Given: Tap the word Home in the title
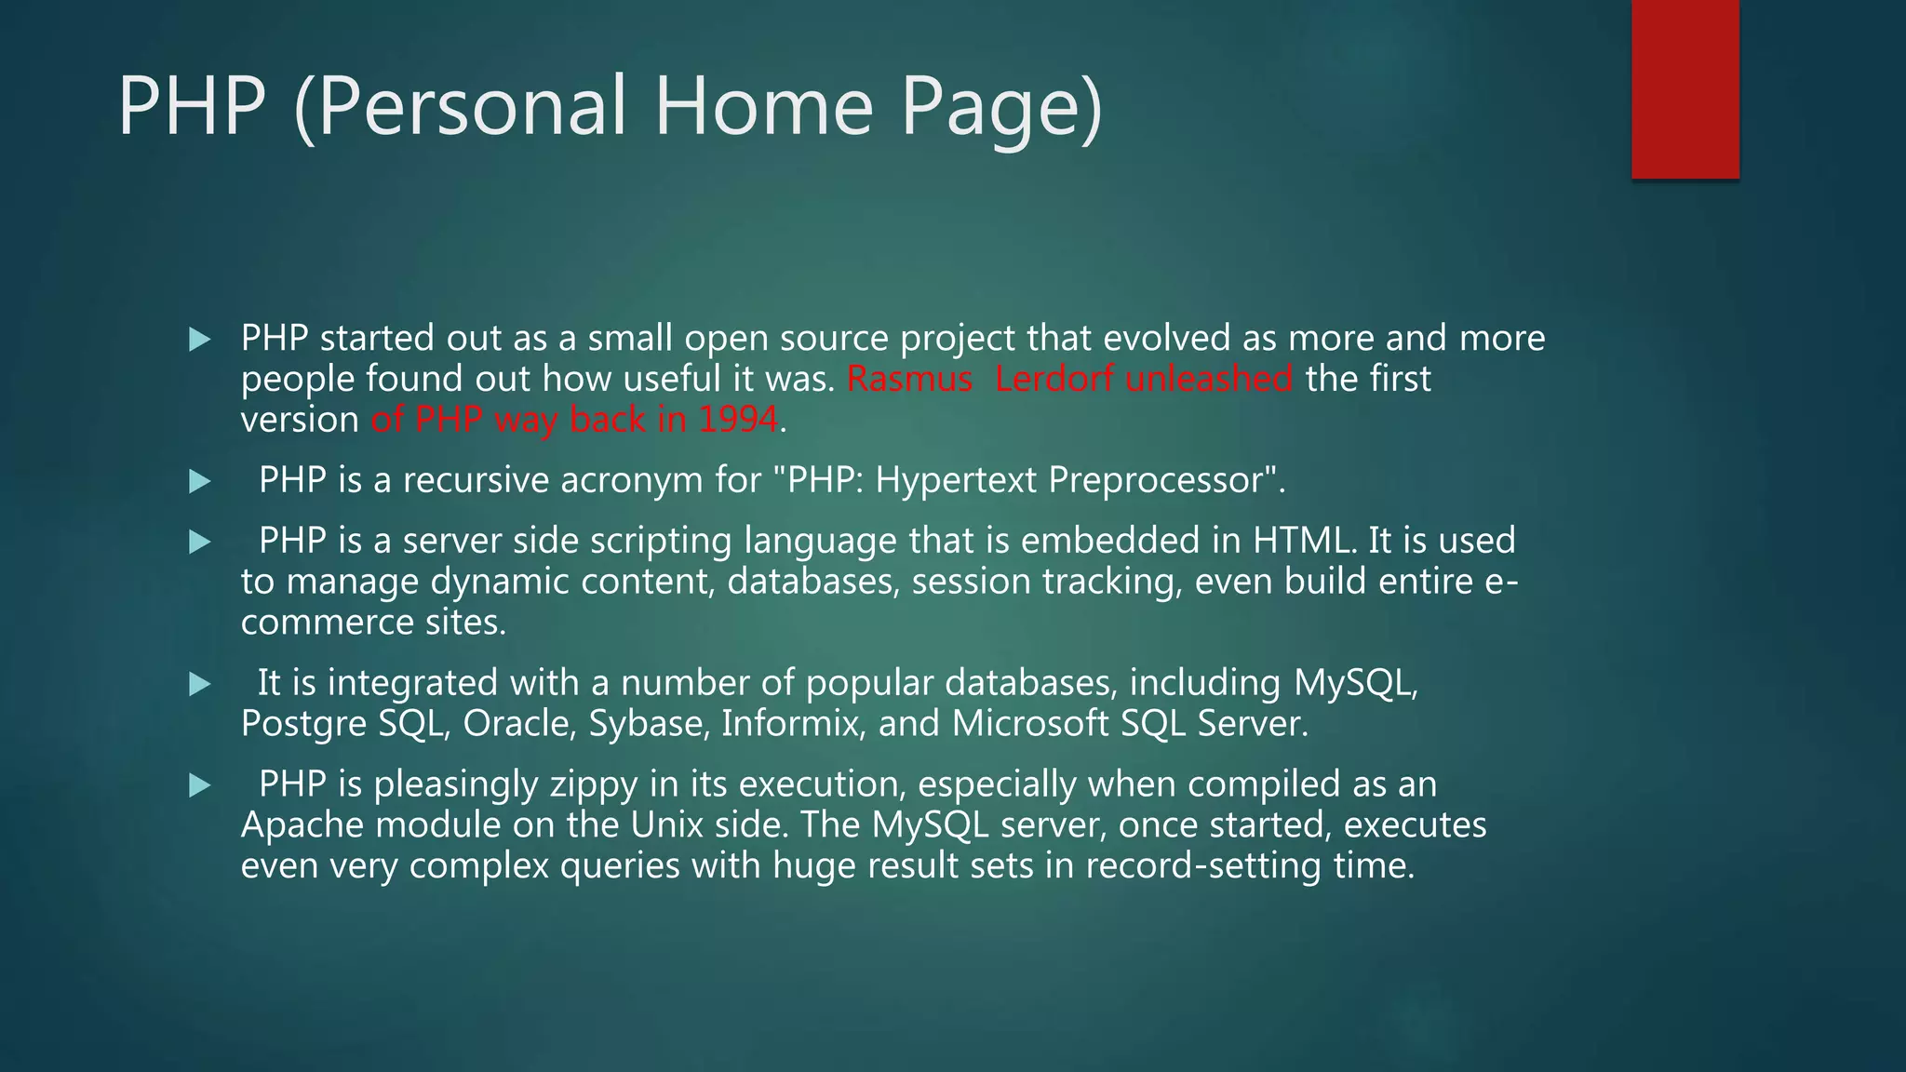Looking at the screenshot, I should click(x=763, y=106).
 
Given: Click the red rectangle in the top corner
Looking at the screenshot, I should click(x=1685, y=88).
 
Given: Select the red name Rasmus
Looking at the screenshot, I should click(x=909, y=380).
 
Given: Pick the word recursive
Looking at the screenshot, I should click(x=476, y=481).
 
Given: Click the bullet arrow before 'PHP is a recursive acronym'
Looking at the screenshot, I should click(x=199, y=482).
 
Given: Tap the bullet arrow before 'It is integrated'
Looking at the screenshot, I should click(x=199, y=685).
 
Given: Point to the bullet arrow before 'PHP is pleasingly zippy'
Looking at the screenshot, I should click(x=199, y=786).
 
